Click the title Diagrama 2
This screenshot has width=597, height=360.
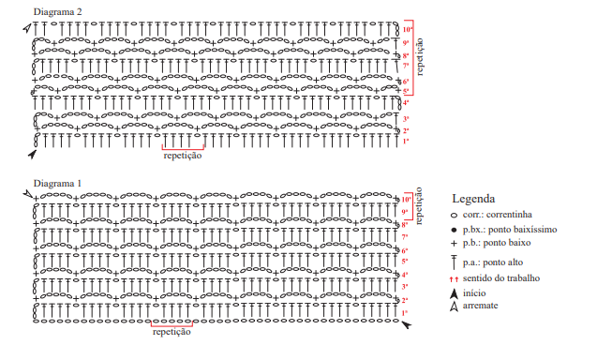[x=57, y=12]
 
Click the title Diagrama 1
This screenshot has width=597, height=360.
[x=57, y=183]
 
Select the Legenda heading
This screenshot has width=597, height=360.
[x=473, y=199]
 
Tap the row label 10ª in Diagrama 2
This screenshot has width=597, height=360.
[x=407, y=29]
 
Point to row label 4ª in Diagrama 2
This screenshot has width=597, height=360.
[x=406, y=102]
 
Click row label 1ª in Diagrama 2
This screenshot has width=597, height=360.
[x=406, y=141]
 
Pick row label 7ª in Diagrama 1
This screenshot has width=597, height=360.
[x=405, y=237]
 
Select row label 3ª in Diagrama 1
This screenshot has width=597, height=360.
[x=405, y=287]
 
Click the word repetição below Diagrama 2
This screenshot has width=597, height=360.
[x=183, y=156]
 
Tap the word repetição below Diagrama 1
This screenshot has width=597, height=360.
[x=172, y=332]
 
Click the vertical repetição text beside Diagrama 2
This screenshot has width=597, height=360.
[x=420, y=57]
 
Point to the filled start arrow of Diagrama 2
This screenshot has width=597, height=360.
[x=33, y=154]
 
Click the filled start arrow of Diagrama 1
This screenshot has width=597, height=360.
[x=407, y=324]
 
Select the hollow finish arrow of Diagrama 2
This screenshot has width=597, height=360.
[x=27, y=28]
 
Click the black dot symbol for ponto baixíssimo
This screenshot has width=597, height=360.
[x=454, y=230]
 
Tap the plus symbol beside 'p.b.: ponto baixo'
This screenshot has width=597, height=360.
[x=454, y=244]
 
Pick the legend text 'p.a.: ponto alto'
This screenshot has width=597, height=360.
[x=493, y=262]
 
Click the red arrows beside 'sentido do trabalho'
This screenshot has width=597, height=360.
[x=454, y=279]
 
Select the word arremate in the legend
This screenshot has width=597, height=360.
[x=480, y=306]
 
